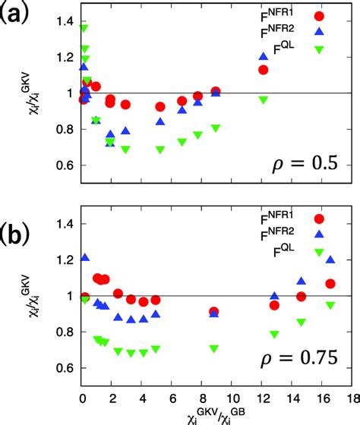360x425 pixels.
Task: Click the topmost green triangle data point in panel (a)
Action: pos(84,29)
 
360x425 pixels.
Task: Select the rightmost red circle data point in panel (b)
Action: pos(330,284)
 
